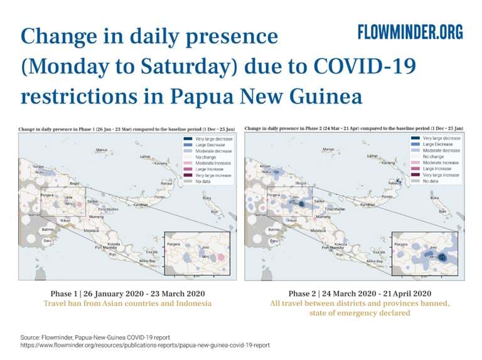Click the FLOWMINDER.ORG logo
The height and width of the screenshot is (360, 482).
click(410, 33)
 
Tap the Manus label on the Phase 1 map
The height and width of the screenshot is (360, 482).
click(100, 150)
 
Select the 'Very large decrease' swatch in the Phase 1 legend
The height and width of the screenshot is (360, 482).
click(186, 139)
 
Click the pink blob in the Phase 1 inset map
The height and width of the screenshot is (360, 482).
click(217, 257)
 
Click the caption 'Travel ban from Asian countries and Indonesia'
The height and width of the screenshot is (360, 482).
click(127, 304)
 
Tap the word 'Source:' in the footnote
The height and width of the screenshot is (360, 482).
click(31, 337)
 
